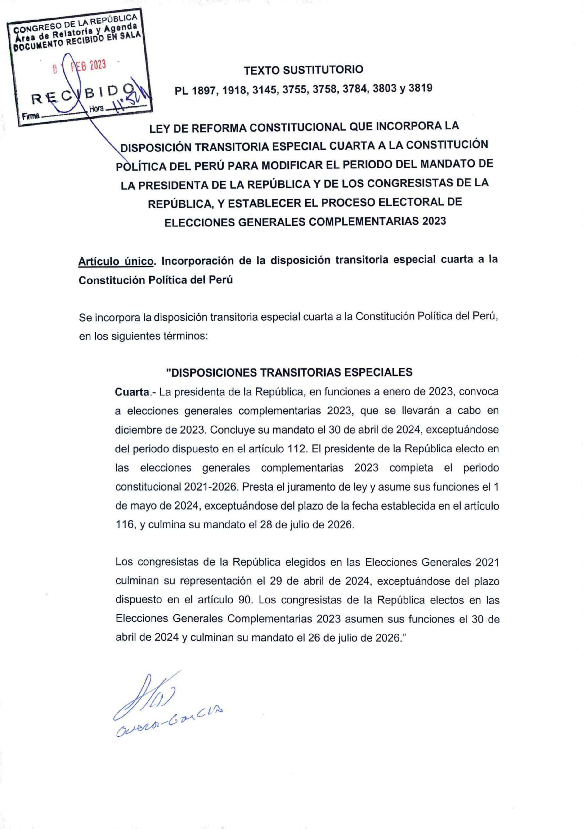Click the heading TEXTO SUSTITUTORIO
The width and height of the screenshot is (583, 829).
[303, 70]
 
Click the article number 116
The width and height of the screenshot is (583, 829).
[125, 525]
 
